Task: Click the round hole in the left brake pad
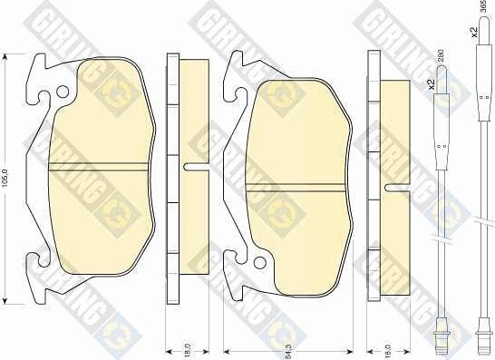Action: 60,90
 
